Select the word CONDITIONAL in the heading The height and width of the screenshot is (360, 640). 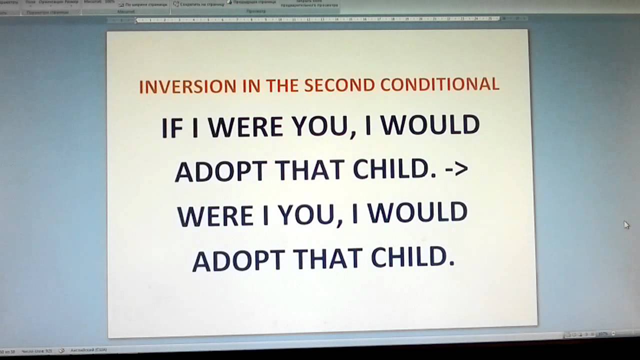click(x=439, y=84)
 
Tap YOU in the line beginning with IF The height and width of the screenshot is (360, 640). click(x=320, y=127)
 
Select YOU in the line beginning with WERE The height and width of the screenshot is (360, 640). click(x=306, y=215)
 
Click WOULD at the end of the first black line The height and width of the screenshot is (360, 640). click(x=430, y=125)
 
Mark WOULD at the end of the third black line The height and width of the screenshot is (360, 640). click(x=417, y=213)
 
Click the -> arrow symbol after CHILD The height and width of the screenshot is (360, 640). click(x=456, y=169)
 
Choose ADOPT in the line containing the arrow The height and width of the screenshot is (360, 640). click(x=220, y=172)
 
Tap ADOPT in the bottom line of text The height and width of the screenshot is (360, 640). click(x=238, y=260)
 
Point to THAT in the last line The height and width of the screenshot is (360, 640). click(x=327, y=259)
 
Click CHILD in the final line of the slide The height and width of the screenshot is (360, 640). click(x=412, y=258)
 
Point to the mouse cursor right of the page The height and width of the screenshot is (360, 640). click(x=626, y=225)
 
